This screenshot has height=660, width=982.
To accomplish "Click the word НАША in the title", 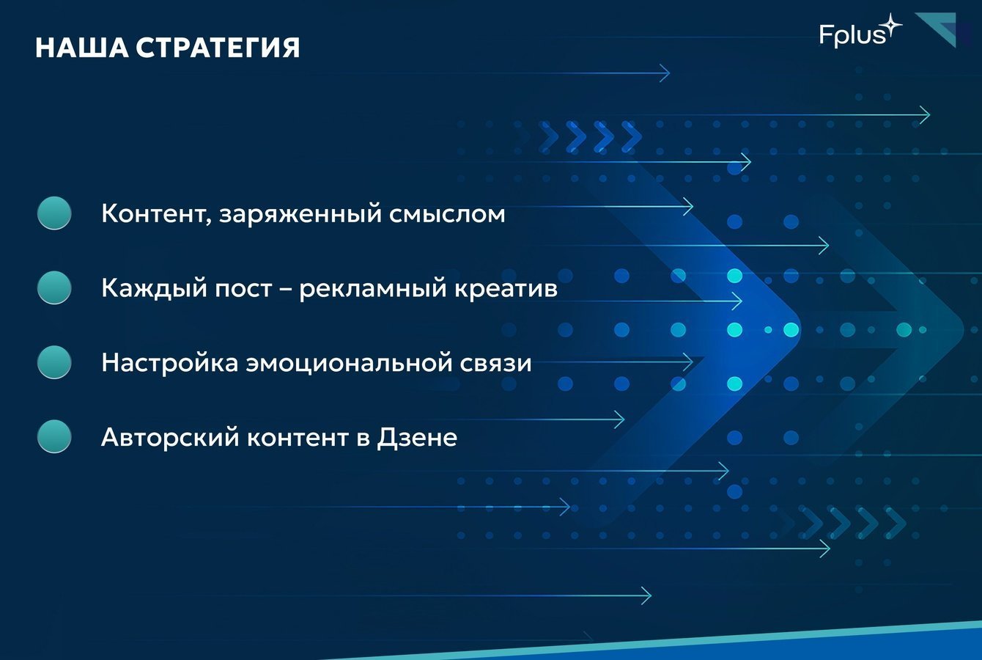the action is [x=82, y=48].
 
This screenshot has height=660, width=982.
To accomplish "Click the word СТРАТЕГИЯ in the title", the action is [x=218, y=48].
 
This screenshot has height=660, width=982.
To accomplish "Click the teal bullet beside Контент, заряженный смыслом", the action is [x=54, y=213].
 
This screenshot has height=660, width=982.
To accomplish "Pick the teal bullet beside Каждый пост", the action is [x=54, y=287].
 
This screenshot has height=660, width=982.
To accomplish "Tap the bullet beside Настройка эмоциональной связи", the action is [x=54, y=362].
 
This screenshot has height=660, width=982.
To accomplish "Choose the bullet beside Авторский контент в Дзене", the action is [x=54, y=436].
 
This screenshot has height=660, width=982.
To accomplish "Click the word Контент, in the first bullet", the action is [x=157, y=214].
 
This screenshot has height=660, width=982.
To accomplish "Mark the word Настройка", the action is [x=170, y=363].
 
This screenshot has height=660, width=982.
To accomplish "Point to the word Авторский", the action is [x=170, y=438].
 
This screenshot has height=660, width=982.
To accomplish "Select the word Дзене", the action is [x=417, y=438].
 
